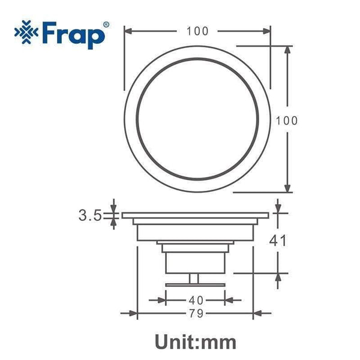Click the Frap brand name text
(x=73, y=35)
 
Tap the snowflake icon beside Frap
(x=26, y=32)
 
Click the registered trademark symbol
(x=106, y=25)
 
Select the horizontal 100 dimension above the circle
(x=197, y=31)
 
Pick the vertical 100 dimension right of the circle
(x=287, y=121)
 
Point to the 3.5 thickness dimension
(x=90, y=215)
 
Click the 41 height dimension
(x=278, y=241)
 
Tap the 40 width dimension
(x=196, y=300)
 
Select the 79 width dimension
(x=196, y=313)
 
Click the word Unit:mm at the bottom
(x=196, y=343)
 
